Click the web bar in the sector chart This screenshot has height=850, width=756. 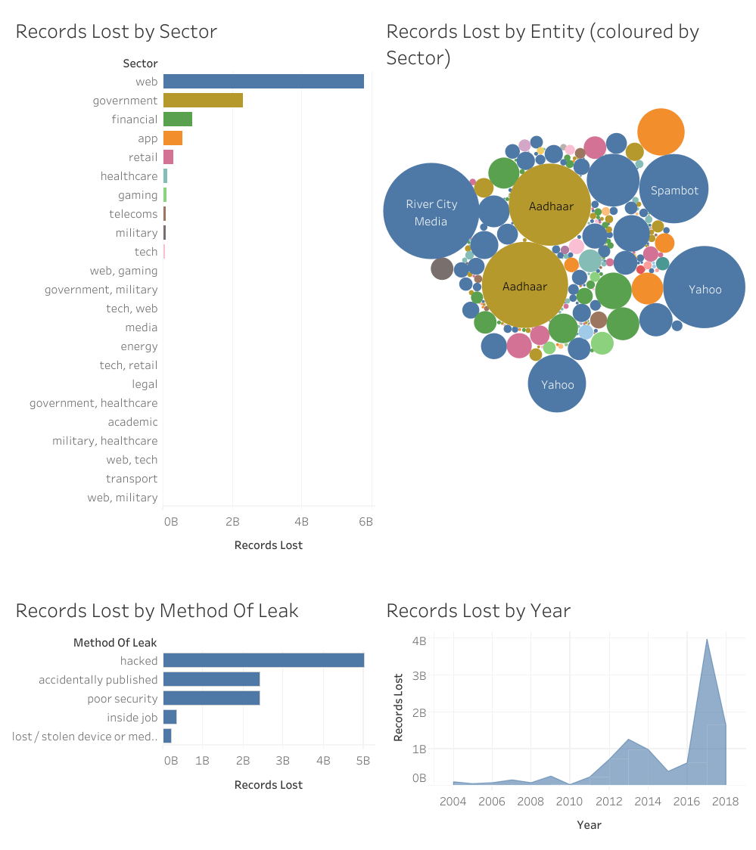click(x=263, y=82)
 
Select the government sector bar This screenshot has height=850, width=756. click(x=203, y=101)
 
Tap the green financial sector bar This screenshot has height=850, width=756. click(x=178, y=119)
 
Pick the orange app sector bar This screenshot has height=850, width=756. click(x=173, y=138)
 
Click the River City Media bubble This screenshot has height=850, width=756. click(x=431, y=212)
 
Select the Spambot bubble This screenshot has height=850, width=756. click(x=674, y=189)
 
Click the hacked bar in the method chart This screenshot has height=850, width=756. click(x=263, y=661)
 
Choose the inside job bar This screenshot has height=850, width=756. click(x=170, y=717)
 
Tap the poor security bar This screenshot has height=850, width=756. click(x=212, y=698)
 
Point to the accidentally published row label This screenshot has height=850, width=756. click(x=98, y=680)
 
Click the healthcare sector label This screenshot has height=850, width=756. click(x=129, y=176)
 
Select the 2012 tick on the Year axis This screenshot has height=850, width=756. click(x=608, y=802)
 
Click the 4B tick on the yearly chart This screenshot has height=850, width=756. click(x=418, y=641)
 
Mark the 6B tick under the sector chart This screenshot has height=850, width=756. click(x=366, y=522)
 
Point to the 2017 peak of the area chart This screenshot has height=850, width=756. click(x=707, y=640)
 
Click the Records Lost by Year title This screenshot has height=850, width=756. click(x=478, y=610)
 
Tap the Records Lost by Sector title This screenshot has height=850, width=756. click(x=117, y=32)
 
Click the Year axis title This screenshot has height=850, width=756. click(x=589, y=825)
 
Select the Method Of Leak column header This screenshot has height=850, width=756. click(x=115, y=643)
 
